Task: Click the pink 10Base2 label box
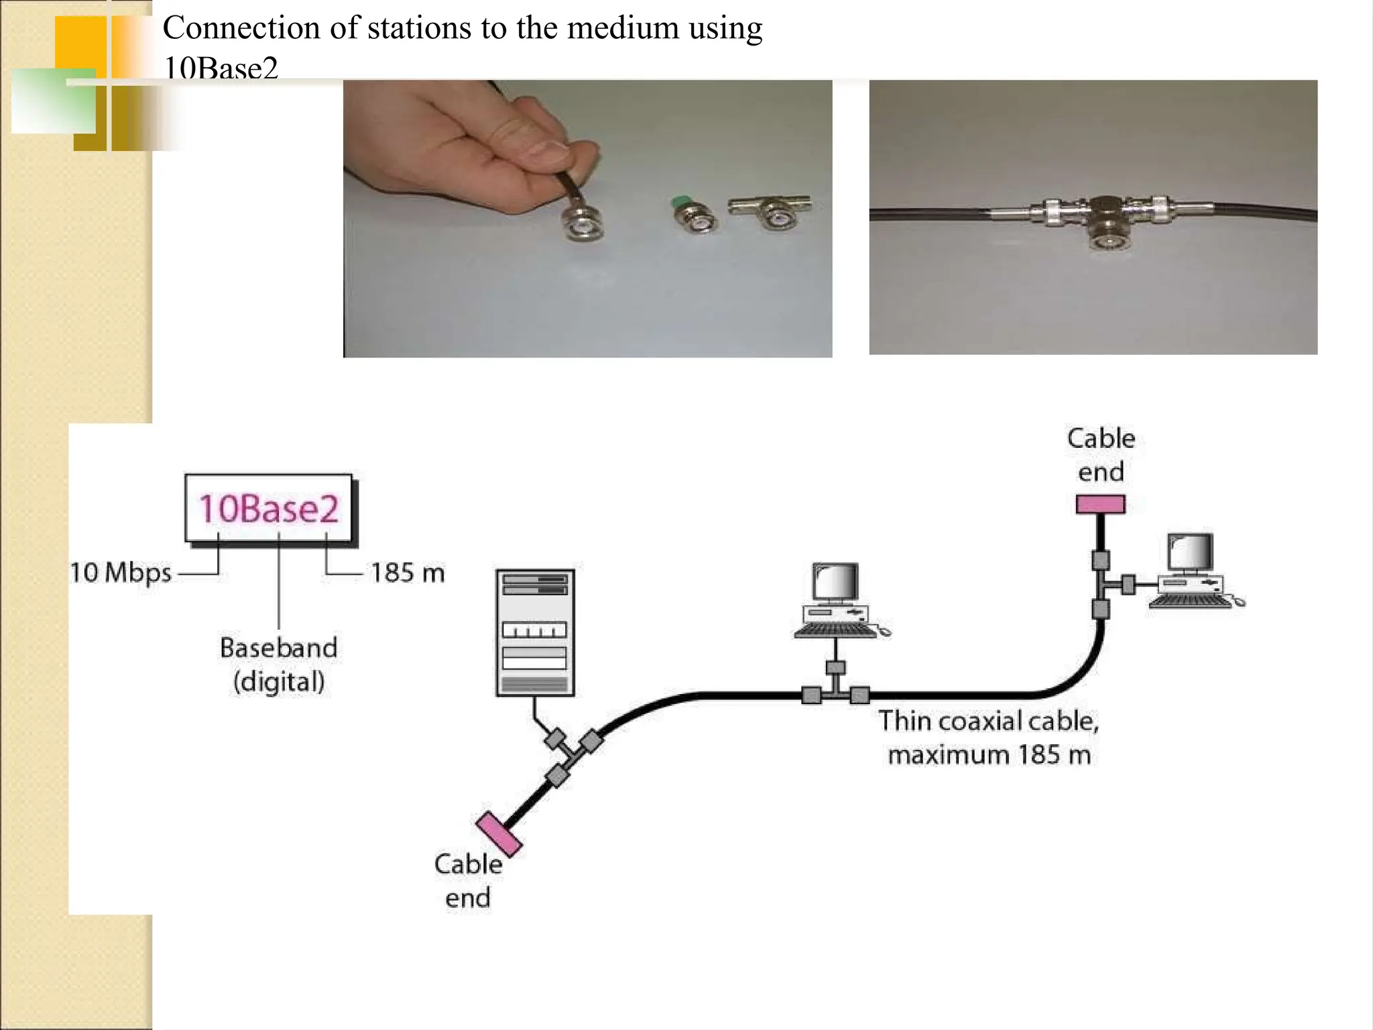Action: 268,508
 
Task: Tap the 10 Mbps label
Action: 121,573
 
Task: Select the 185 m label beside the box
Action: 408,573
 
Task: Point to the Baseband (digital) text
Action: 278,665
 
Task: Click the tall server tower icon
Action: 535,632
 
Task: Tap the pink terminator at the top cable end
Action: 1100,504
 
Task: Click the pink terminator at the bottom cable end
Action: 499,834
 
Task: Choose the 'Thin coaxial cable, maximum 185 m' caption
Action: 989,738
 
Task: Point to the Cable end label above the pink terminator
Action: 1101,455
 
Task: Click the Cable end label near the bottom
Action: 468,880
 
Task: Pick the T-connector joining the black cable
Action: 1105,221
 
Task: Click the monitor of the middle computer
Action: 835,582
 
